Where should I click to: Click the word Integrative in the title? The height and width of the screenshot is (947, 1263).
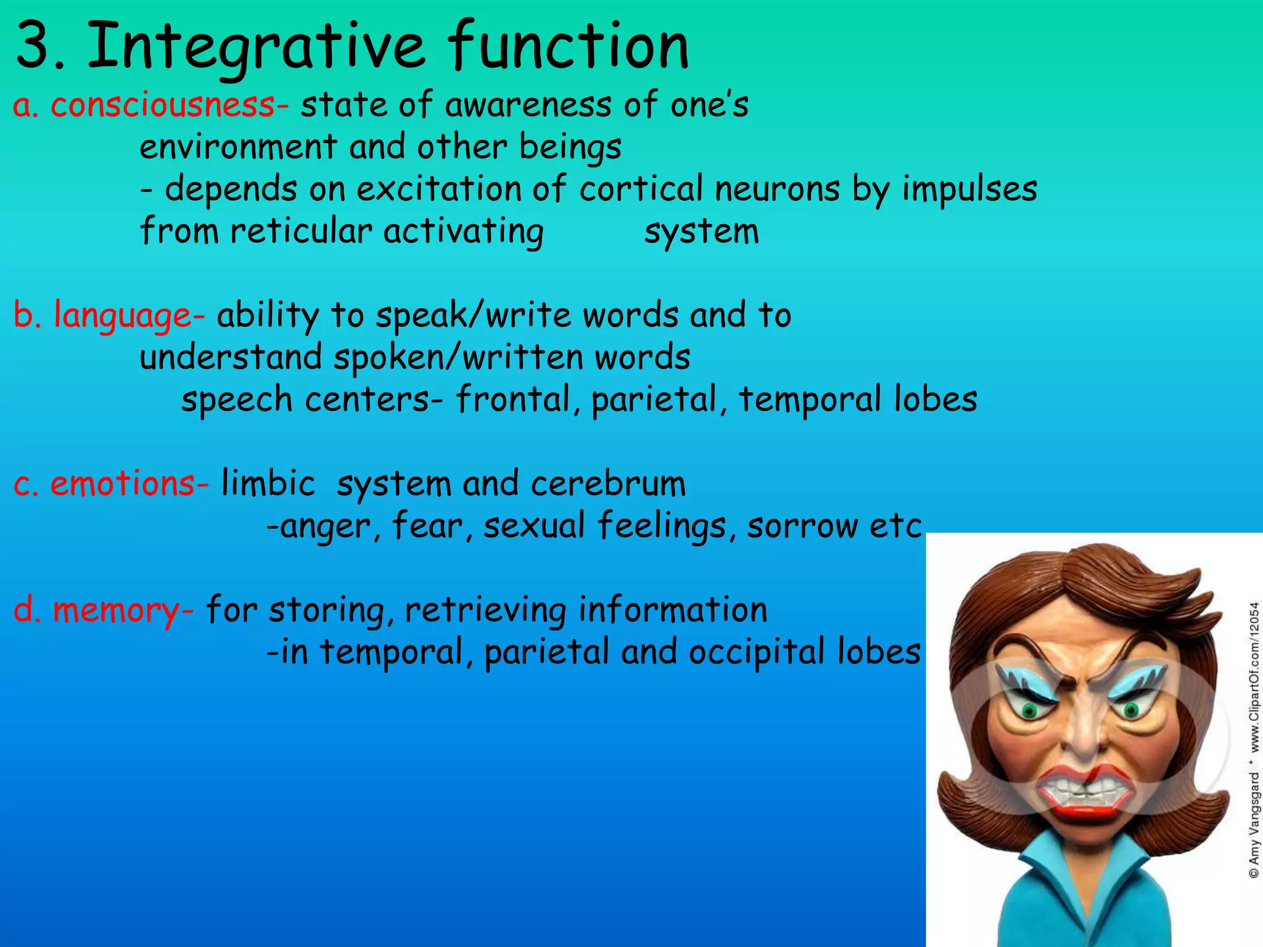[x=255, y=46]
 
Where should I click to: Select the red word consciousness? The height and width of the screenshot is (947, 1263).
[x=162, y=105]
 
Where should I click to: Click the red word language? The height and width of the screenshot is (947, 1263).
[x=122, y=316]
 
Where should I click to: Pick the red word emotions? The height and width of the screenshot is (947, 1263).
[x=122, y=483]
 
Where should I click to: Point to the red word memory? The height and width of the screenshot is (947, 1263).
[x=115, y=610]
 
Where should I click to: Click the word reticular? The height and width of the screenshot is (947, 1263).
[x=301, y=231]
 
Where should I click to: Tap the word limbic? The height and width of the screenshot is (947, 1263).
[x=268, y=483]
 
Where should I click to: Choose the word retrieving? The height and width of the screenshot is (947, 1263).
[x=485, y=610]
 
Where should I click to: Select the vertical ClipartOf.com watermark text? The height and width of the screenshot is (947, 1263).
[x=1254, y=740]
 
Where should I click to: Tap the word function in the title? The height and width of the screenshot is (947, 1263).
[x=567, y=46]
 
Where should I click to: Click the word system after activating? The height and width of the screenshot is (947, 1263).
[x=701, y=231]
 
